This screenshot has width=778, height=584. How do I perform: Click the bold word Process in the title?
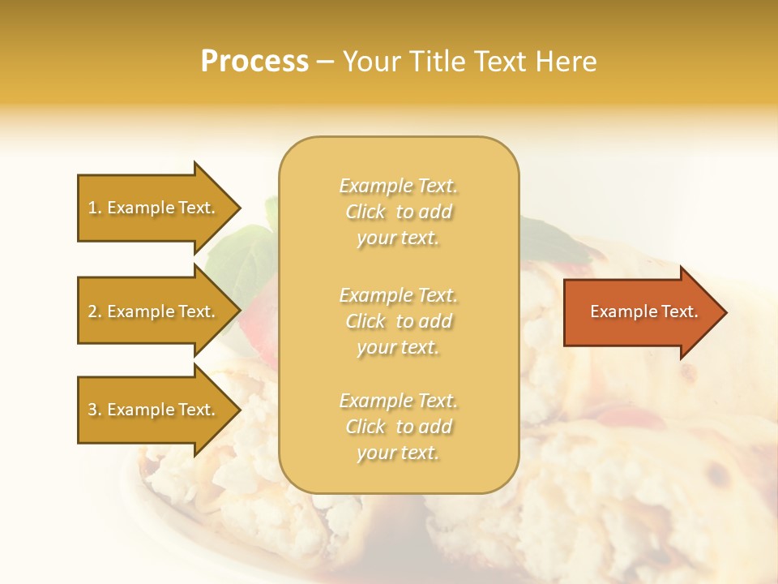[254, 62]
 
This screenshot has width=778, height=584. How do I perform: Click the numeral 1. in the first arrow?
[95, 208]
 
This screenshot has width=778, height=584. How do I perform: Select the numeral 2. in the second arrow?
[95, 311]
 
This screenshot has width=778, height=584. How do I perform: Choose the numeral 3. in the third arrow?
[95, 410]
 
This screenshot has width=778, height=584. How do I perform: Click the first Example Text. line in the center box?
[399, 186]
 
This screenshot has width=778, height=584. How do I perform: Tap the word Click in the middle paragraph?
[365, 321]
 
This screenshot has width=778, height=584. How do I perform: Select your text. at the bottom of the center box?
[398, 453]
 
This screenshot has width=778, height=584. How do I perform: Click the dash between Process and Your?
[325, 62]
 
